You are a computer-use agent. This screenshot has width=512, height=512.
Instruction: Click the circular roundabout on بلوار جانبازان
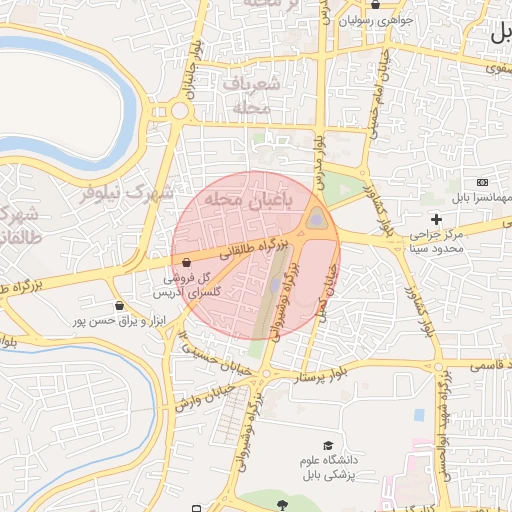tap(178, 111)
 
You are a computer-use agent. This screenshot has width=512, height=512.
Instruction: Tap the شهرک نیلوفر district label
tap(126, 193)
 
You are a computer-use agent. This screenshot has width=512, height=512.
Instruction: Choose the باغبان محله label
tap(246, 201)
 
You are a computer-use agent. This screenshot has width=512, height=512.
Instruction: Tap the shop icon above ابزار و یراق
tap(121, 305)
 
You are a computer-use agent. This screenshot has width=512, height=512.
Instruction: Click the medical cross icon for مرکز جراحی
tap(435, 219)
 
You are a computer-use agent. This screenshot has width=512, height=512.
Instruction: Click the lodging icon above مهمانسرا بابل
tap(483, 183)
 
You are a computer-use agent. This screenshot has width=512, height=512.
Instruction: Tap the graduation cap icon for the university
tap(328, 446)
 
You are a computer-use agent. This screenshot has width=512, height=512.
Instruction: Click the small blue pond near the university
tap(418, 414)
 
